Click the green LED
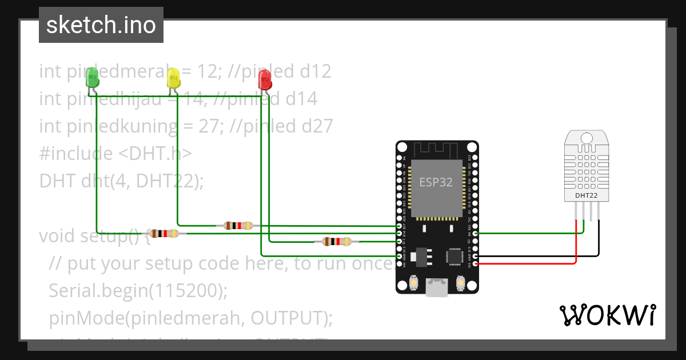click(92, 78)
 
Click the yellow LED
click(173, 78)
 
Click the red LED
click(265, 79)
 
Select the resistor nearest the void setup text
click(165, 233)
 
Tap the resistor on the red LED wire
click(337, 241)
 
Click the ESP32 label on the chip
click(436, 182)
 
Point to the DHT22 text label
click(587, 195)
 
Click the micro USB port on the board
click(437, 288)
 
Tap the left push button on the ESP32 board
click(413, 283)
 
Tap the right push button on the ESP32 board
click(461, 283)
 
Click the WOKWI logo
click(607, 315)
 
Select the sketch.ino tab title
click(101, 25)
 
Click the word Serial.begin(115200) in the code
click(138, 290)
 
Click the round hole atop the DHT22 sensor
click(587, 138)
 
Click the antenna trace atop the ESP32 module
click(437, 150)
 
